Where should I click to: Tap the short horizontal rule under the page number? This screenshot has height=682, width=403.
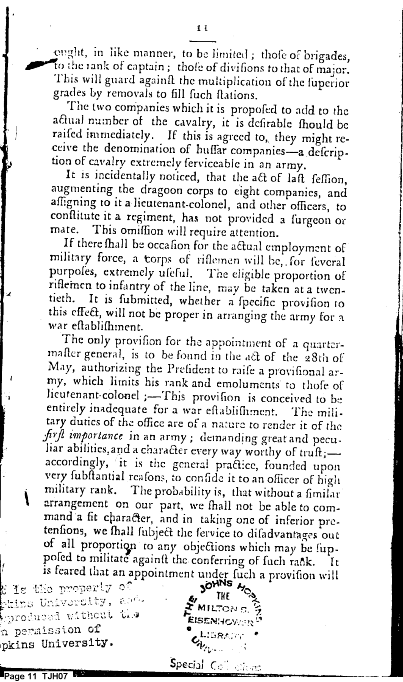202,41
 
